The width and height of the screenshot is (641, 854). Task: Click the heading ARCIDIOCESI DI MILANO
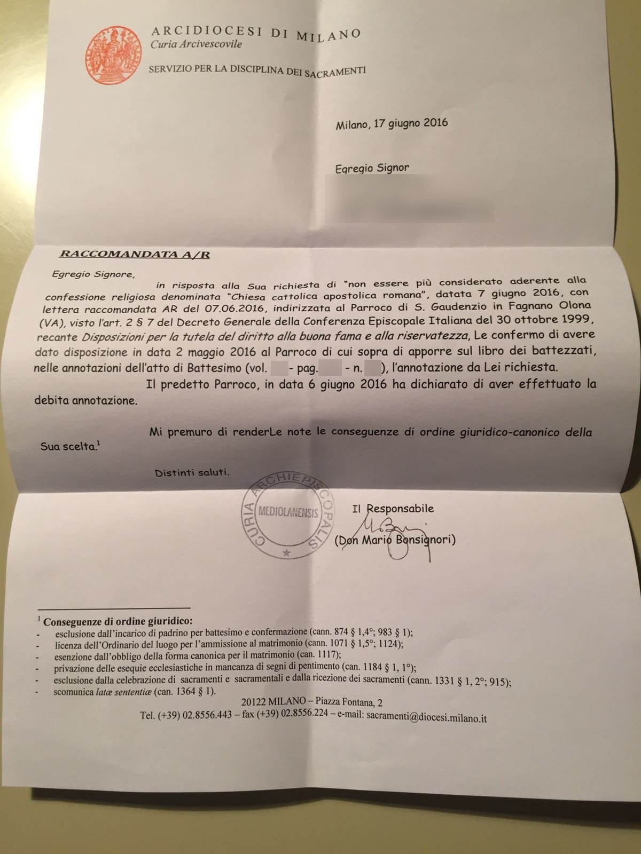pos(256,33)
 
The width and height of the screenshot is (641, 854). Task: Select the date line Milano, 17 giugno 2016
pos(392,124)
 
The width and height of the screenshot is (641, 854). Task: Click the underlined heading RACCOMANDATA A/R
pos(134,254)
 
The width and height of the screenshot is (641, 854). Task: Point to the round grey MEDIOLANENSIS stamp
pos(288,514)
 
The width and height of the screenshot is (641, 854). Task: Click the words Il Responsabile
pos(393,509)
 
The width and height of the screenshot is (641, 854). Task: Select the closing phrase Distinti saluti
pos(192,472)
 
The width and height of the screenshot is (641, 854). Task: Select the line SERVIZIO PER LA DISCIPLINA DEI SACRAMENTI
pos(257,70)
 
